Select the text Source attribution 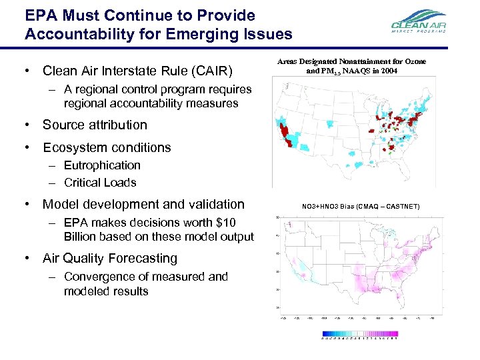(x=95, y=125)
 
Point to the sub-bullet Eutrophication (x=102, y=165)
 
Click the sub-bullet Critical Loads (x=100, y=183)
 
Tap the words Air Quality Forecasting (x=110, y=258)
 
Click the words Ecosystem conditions (x=107, y=147)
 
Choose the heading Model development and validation (x=143, y=204)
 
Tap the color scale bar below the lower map (x=360, y=333)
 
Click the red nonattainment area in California (x=288, y=134)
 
